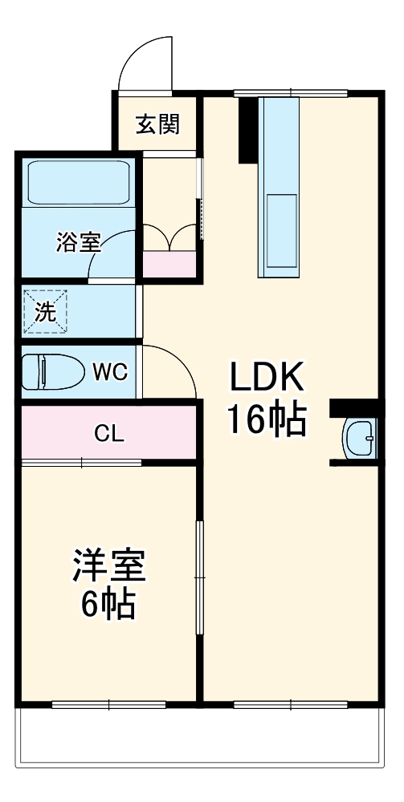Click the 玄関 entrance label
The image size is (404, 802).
(157, 124)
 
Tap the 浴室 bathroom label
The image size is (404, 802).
(78, 242)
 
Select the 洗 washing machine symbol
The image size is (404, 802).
(45, 312)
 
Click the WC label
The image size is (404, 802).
(109, 372)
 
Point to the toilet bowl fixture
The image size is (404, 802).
(53, 372)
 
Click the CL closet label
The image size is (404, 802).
(109, 434)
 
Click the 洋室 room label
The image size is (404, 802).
(109, 566)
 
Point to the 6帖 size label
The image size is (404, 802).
(108, 604)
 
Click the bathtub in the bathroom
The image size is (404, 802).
(77, 183)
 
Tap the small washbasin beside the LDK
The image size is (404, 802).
(359, 438)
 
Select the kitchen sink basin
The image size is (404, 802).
(280, 232)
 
